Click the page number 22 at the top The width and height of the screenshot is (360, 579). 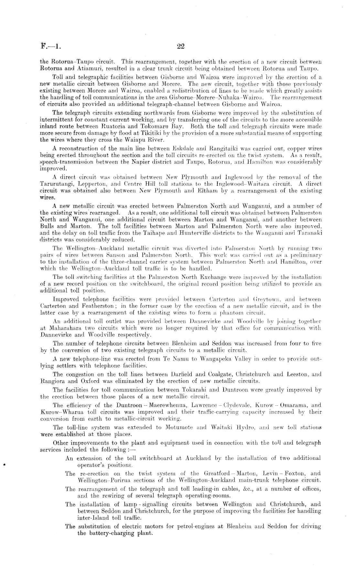click(180, 46)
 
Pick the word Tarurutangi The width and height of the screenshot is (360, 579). click(55, 184)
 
